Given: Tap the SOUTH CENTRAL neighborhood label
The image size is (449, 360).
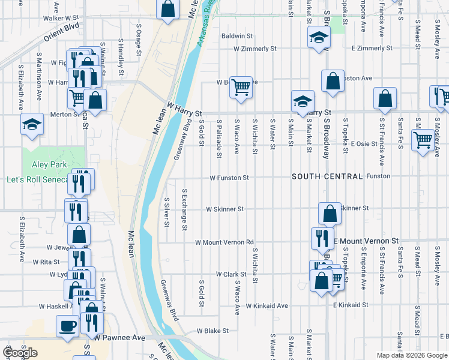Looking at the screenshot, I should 327,177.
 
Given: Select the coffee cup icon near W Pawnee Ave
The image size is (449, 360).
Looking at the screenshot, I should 67,326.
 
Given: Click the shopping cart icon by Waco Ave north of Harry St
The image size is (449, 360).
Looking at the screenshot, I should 241,87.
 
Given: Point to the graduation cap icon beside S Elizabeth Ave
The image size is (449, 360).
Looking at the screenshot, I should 32,125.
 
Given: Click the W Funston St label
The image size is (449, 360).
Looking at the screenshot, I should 229,178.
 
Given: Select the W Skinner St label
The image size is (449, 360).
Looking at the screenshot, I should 224,209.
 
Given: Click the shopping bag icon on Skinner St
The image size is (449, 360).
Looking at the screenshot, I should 330,213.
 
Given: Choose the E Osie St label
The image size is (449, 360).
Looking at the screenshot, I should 364,143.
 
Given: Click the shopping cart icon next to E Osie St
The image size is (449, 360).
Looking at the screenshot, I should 423,140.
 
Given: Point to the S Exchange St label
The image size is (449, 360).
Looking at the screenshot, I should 184,210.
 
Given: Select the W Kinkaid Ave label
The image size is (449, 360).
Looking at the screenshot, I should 267,305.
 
